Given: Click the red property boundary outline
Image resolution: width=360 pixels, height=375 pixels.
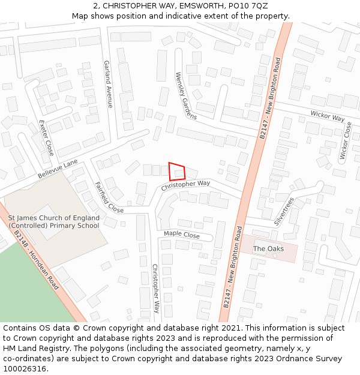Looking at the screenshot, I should tap(177, 171).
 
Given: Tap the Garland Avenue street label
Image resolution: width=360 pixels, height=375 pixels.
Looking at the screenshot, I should tap(108, 84).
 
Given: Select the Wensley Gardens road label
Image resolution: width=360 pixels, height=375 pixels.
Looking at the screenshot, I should tap(186, 95).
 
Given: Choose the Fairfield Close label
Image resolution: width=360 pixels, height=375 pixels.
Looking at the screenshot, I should tap(109, 198).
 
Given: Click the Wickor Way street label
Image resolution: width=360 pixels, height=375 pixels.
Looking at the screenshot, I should tap(327, 116).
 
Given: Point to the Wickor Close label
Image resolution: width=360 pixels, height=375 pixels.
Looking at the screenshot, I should tap(346, 141).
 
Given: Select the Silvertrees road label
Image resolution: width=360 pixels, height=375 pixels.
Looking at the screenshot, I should tap(284, 211).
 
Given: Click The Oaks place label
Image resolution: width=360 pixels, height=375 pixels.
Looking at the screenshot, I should tap(268, 248).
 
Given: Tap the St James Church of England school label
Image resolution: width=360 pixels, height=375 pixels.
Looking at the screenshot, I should tap(53, 222).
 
